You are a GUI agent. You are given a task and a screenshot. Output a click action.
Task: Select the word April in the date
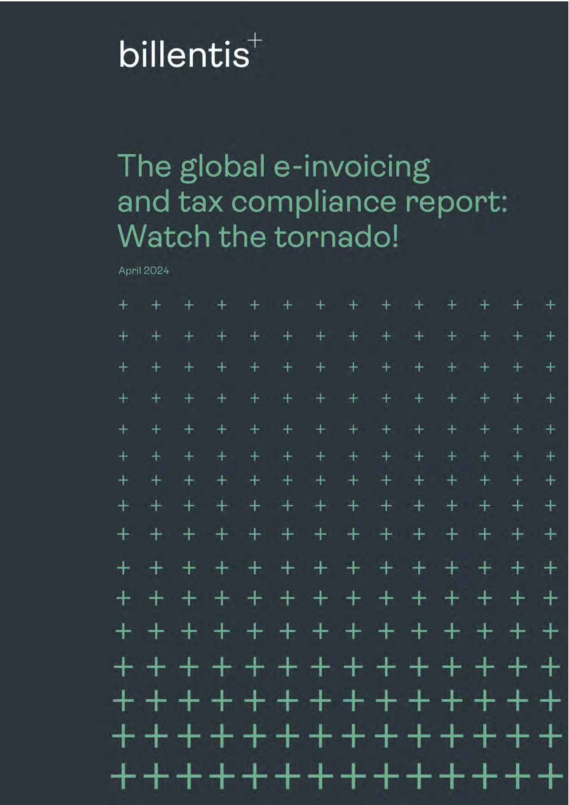pyautogui.click(x=129, y=271)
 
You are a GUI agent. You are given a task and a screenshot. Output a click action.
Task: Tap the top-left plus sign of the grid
pyautogui.click(x=123, y=305)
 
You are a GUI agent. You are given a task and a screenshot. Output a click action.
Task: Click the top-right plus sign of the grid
pyautogui.click(x=550, y=305)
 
